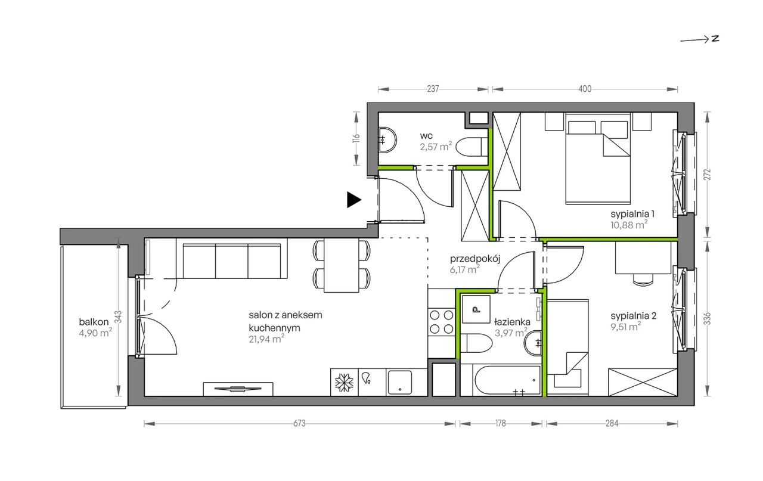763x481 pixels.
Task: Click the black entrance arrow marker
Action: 353,200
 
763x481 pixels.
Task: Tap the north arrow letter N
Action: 715,39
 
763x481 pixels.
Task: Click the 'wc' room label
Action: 426,136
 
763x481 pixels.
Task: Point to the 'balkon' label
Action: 94,322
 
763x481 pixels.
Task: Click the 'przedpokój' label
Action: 475,259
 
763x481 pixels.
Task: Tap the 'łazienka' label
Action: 512,322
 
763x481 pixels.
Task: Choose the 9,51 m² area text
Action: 626,327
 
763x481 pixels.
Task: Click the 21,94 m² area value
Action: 266,339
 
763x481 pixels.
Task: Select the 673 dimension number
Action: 299,423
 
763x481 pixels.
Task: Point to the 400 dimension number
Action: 585,89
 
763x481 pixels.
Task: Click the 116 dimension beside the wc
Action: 356,138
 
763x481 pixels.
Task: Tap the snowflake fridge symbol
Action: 344,383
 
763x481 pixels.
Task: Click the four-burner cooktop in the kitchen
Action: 442,322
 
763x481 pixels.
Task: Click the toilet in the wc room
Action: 472,147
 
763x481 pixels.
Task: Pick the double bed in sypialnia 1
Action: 597,159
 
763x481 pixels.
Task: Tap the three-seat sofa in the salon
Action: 232,258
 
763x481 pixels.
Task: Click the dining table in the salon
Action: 342,265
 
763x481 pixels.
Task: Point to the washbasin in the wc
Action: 387,140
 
